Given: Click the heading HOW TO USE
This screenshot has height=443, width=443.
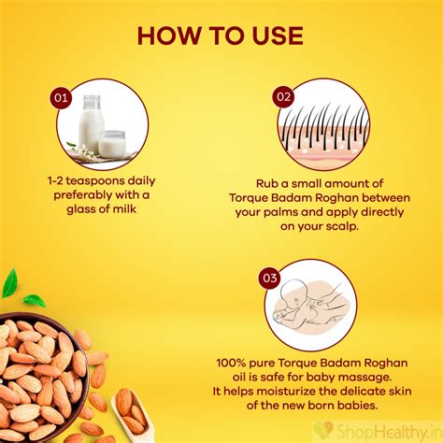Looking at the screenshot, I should pyautogui.click(x=221, y=36).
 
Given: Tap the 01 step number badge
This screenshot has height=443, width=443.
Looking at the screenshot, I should pyautogui.click(x=61, y=95).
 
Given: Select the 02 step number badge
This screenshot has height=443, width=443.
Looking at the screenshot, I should pyautogui.click(x=284, y=95).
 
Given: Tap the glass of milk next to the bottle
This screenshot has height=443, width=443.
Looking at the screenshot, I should pyautogui.click(x=112, y=143).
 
